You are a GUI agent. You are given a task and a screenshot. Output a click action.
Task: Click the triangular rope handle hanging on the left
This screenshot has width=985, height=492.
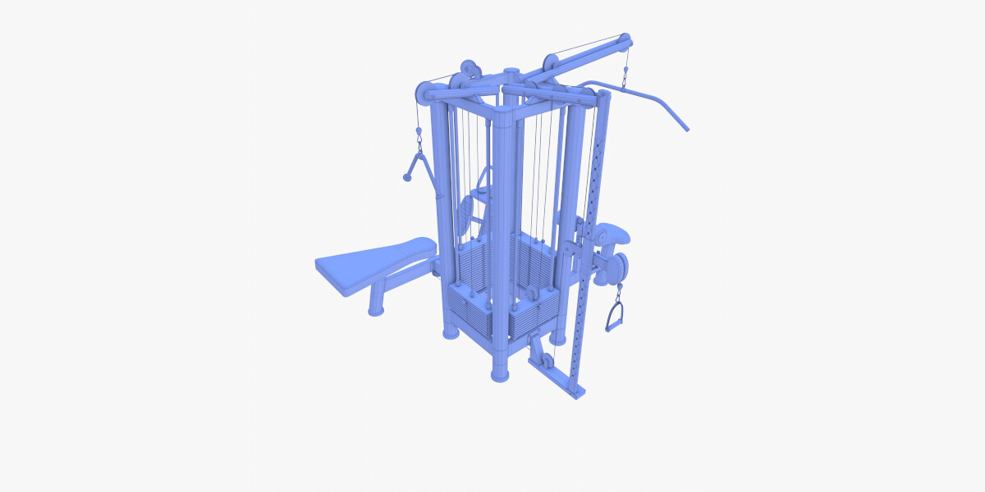(x=417, y=166)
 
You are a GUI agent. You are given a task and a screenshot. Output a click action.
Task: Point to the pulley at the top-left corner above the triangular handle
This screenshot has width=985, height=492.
(x=420, y=94)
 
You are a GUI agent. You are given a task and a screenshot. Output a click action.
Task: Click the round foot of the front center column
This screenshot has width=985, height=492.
(x=500, y=374)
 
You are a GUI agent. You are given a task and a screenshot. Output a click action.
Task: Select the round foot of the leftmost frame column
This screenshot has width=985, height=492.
(x=451, y=332)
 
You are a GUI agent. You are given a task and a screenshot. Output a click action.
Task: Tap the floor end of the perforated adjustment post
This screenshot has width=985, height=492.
(x=578, y=390)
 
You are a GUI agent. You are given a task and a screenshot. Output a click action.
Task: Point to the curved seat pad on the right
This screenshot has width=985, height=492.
(x=614, y=237)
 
